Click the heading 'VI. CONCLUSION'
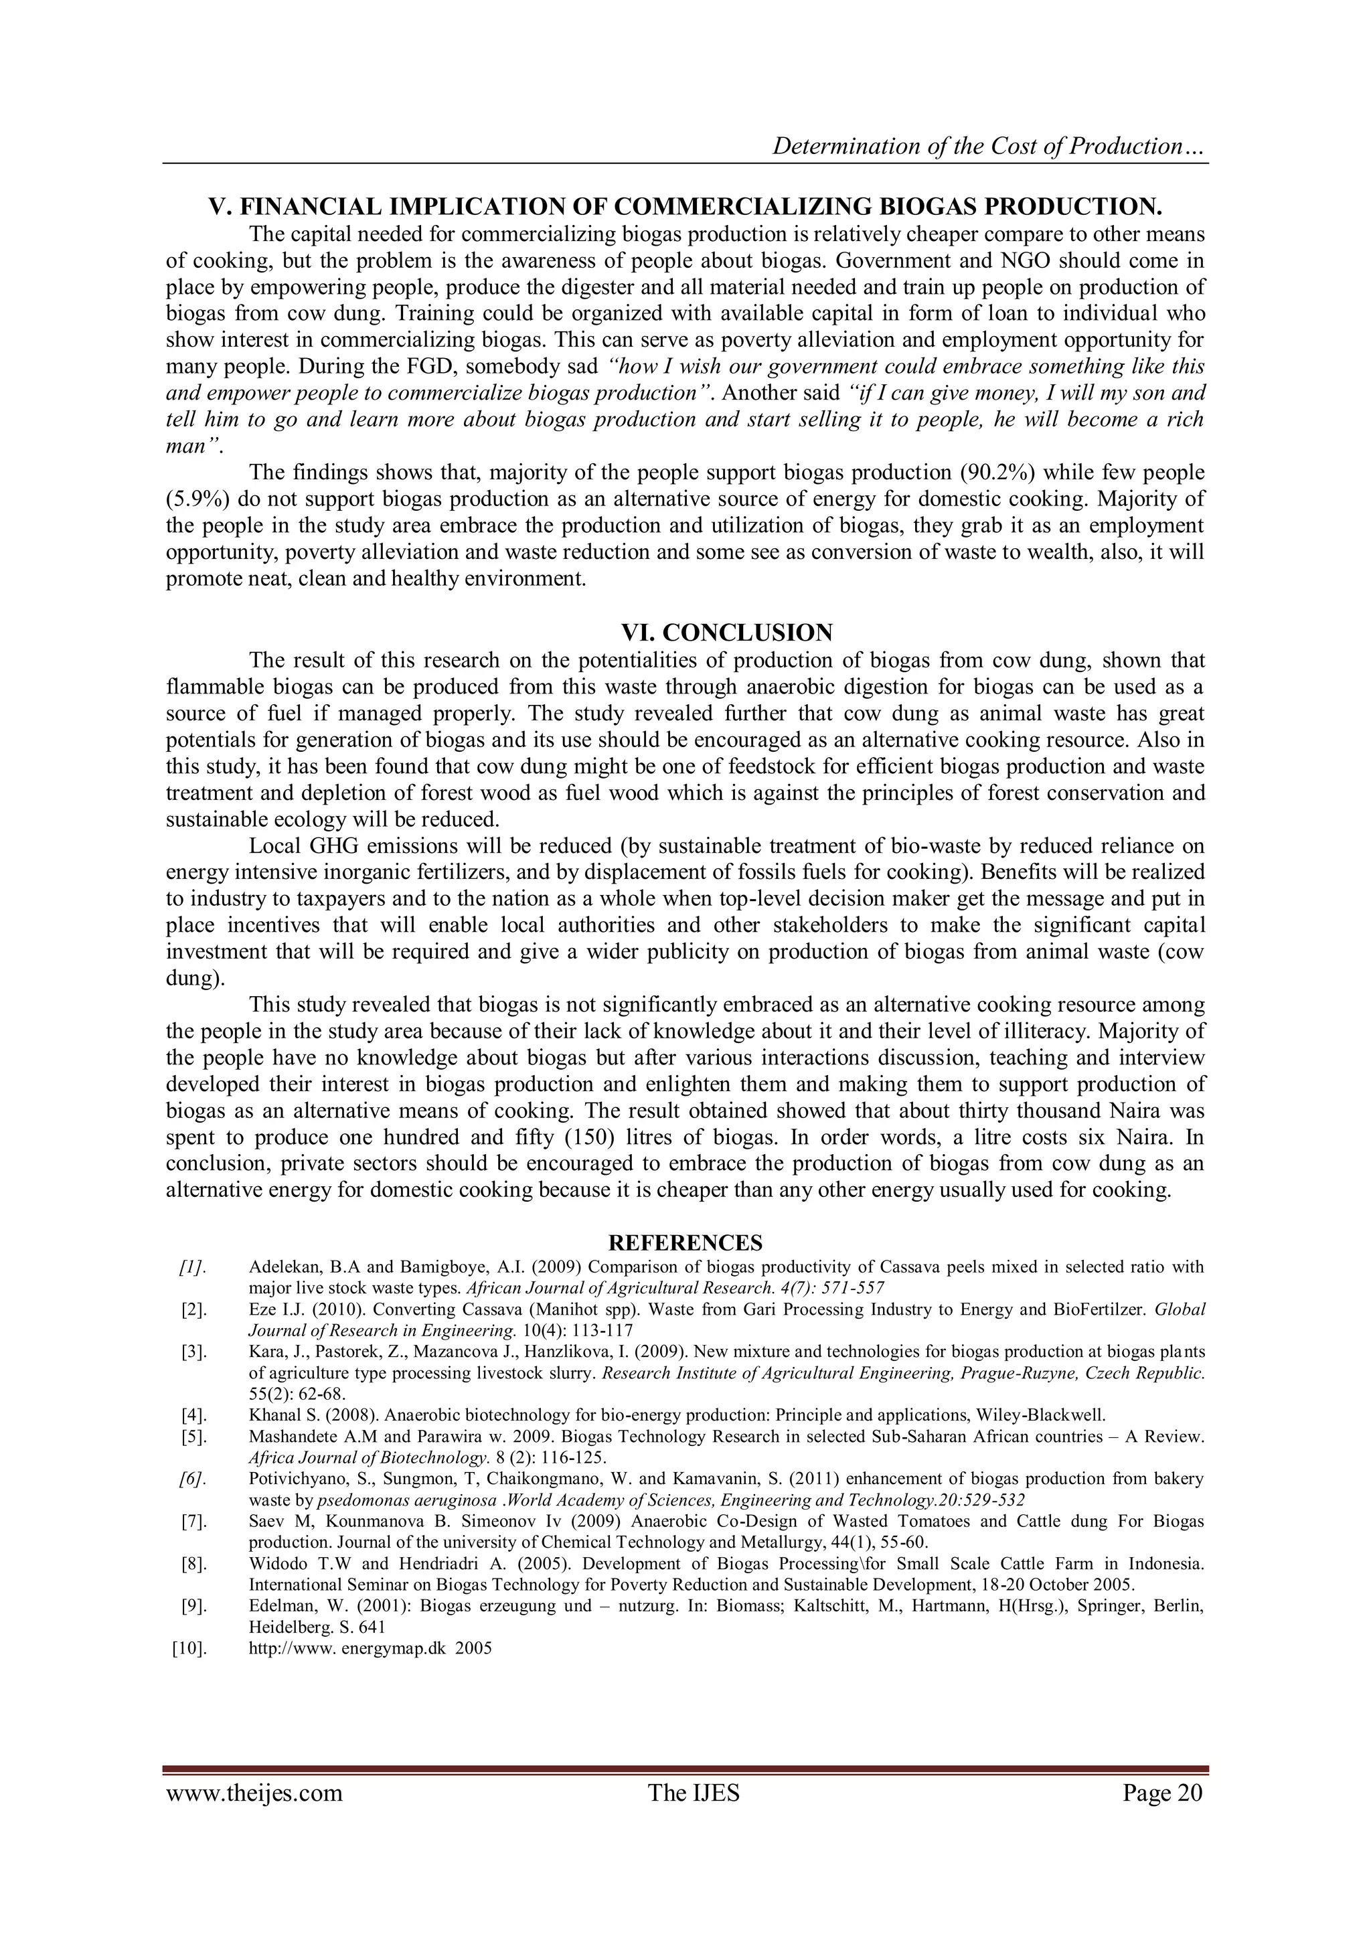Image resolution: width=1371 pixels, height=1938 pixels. click(727, 632)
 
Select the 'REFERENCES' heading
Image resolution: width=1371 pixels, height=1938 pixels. click(685, 1242)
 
